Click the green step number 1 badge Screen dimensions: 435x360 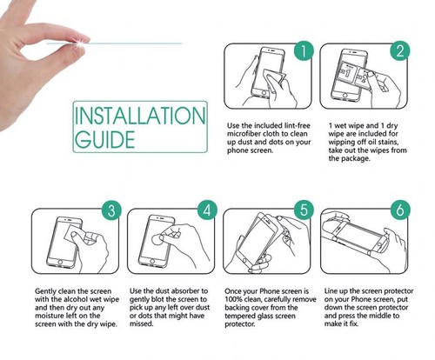click(x=304, y=50)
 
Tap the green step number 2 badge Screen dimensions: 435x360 click(x=400, y=50)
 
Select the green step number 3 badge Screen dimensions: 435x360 click(x=111, y=210)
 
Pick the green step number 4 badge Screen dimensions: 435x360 click(x=207, y=210)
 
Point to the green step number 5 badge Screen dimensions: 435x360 click(x=304, y=210)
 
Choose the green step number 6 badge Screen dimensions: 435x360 click(x=400, y=210)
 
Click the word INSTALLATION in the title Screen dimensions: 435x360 click(x=140, y=116)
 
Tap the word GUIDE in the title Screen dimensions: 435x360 click(x=104, y=139)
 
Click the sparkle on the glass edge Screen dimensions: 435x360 click(x=81, y=42)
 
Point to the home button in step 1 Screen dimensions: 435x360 click(x=264, y=93)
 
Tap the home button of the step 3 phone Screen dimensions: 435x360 click(x=60, y=262)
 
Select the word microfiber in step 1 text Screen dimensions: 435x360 click(x=244, y=134)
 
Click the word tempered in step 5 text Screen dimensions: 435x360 click(x=239, y=317)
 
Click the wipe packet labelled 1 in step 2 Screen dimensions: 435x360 click(x=347, y=72)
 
